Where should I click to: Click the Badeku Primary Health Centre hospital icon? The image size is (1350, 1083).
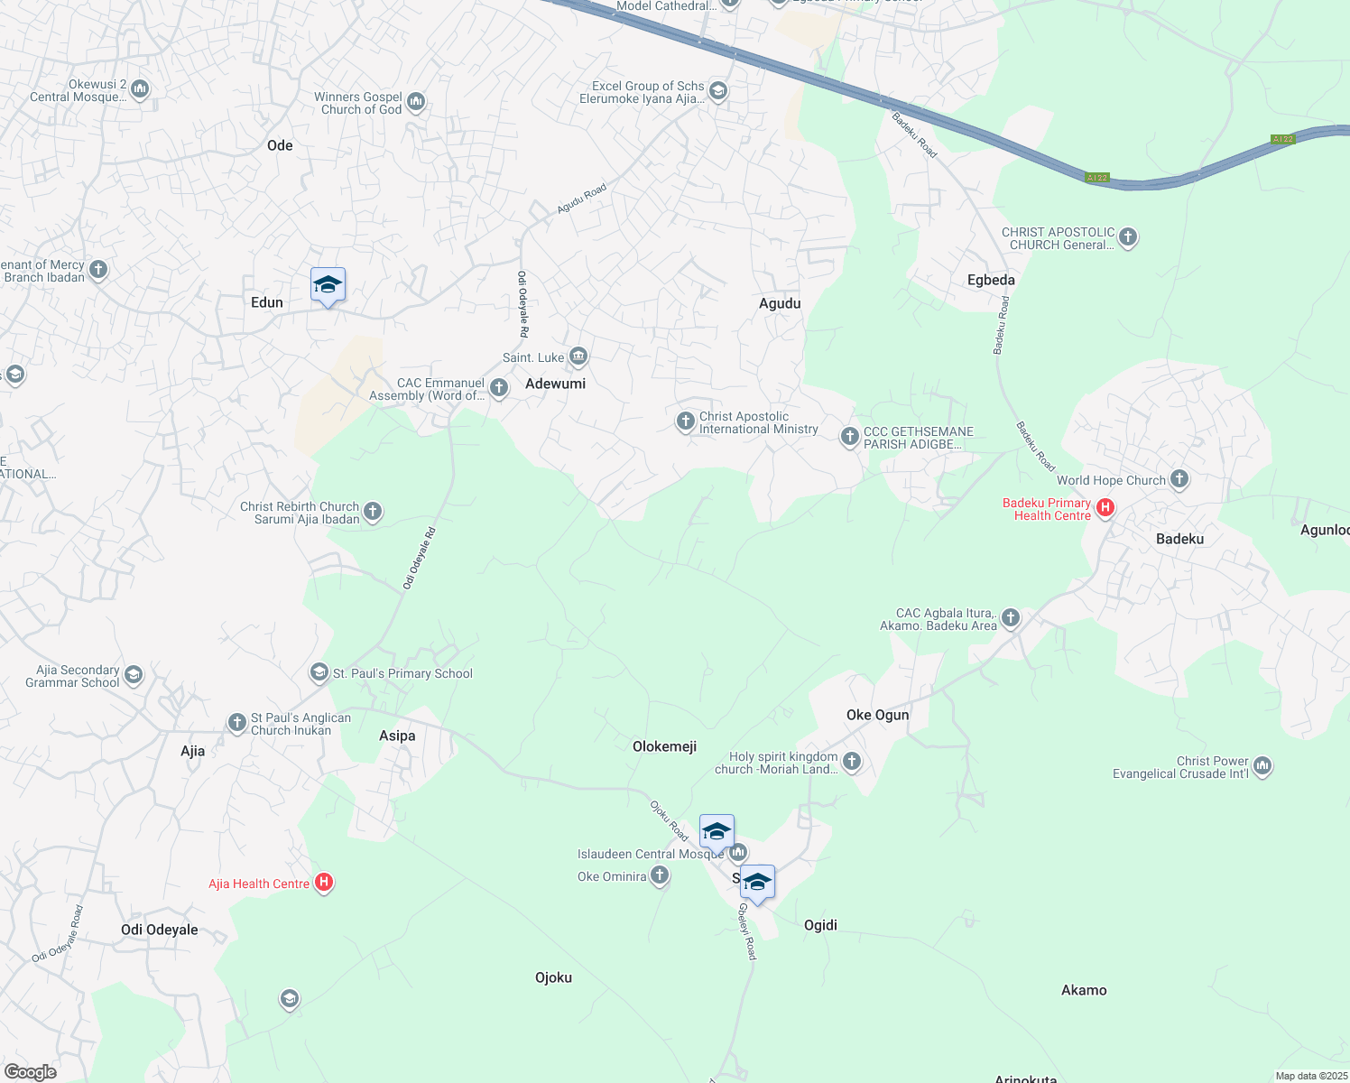point(1105,509)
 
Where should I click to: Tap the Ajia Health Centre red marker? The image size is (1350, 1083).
point(324,884)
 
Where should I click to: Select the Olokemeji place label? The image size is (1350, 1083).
point(664,746)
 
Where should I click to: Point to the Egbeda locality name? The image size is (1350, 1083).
point(991,280)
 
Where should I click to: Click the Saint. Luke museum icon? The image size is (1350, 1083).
point(578,357)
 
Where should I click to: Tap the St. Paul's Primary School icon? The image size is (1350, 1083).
point(319,672)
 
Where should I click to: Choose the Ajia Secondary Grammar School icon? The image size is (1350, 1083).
point(134,675)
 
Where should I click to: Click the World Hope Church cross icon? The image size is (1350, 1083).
point(1179,479)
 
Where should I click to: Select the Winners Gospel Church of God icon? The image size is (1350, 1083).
point(416,102)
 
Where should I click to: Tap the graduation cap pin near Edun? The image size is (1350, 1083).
point(328,285)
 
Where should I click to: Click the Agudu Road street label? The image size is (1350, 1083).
point(581,199)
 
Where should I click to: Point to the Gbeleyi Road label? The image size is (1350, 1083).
point(747,930)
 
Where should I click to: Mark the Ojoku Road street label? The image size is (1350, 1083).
point(670,820)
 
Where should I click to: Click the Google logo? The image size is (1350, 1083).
point(31,1071)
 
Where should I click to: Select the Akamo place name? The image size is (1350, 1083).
point(1084,990)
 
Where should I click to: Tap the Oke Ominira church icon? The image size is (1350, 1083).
point(660,875)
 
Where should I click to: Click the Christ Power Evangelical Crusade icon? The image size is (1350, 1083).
point(1262,766)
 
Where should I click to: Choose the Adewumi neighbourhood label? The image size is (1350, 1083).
point(555,384)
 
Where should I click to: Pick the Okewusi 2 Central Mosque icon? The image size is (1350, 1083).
point(140,89)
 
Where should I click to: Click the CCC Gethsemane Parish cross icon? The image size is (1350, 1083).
point(849,437)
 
